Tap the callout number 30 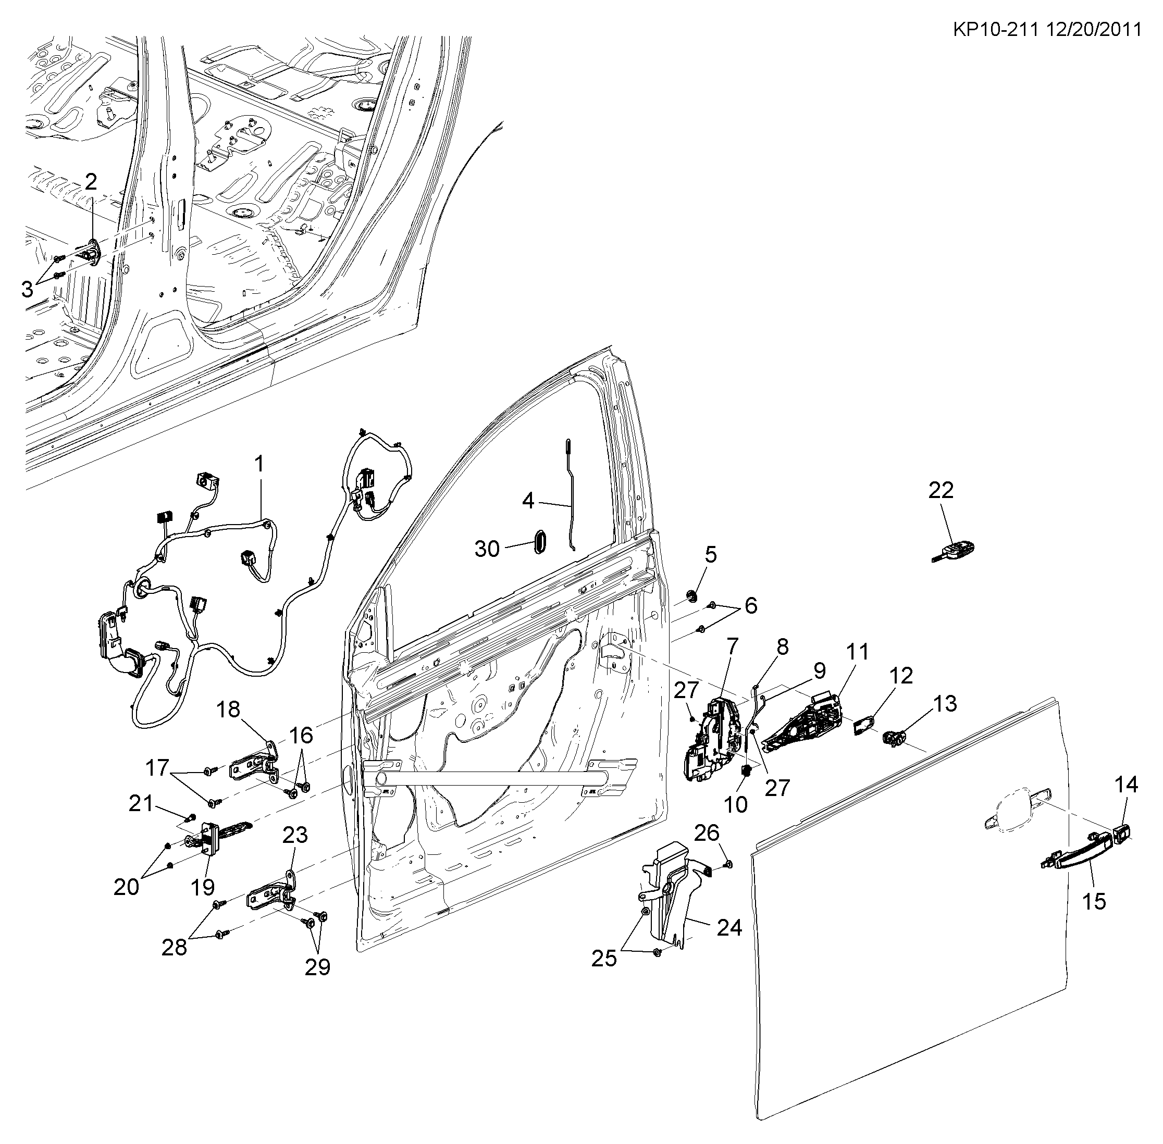click(487, 549)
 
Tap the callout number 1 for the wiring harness click(259, 464)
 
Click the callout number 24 click(729, 927)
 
